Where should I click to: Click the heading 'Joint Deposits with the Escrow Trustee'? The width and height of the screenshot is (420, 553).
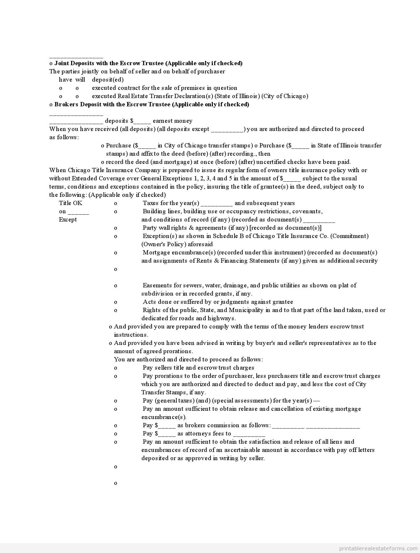(148, 63)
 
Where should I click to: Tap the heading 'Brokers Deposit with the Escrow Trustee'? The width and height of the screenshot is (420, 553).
(152, 104)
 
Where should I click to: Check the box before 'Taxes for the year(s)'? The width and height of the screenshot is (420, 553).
(116, 203)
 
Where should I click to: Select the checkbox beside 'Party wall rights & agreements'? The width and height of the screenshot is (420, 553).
(116, 228)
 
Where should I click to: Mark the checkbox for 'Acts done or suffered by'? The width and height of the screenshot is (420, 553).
(116, 302)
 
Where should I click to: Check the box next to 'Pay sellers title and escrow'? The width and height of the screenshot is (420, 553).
(116, 368)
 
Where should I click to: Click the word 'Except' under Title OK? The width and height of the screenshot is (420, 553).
(68, 220)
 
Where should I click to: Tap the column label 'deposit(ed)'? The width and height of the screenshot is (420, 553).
(108, 80)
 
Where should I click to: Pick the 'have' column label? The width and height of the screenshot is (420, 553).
(66, 80)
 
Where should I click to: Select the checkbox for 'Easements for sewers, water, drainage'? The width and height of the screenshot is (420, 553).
(116, 286)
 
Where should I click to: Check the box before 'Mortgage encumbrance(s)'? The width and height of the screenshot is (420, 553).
(116, 253)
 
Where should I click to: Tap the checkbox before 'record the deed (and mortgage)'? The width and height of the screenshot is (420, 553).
(103, 162)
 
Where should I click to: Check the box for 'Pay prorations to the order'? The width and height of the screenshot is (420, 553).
(116, 376)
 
